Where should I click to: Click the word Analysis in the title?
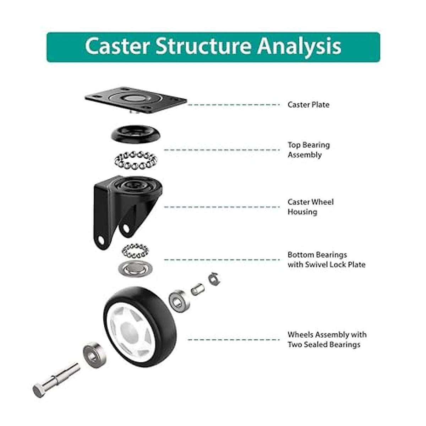click(299, 47)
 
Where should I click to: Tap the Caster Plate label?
click(308, 105)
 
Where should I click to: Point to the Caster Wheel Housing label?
click(310, 207)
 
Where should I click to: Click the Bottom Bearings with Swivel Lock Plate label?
click(326, 260)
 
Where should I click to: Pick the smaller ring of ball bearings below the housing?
click(135, 251)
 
